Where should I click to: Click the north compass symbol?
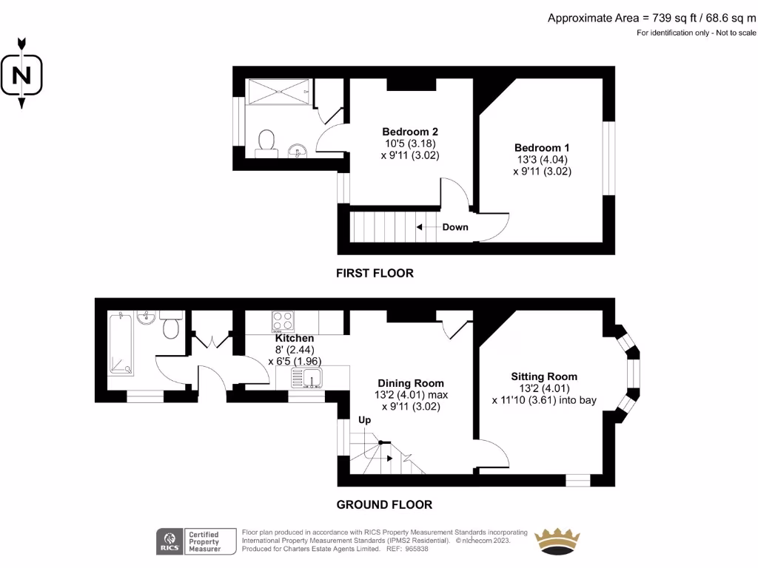22,74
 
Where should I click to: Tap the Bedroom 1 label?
542,148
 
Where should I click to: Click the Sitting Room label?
544,376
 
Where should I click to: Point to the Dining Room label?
411,383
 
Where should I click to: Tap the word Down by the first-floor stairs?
455,227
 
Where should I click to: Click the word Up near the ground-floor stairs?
364,420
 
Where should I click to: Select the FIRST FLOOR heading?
375,273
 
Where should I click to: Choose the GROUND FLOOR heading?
384,504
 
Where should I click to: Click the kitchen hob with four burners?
283,321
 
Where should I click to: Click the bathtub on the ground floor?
121,345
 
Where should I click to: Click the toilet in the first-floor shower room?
266,143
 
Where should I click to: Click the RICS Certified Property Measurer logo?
189,541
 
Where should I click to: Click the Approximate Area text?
651,18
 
